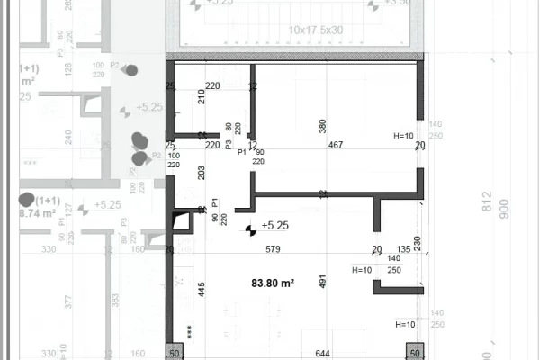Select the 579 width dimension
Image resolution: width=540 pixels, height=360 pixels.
273,249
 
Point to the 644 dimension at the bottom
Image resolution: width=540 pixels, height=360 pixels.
322,354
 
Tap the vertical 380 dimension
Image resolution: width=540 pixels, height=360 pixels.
323,127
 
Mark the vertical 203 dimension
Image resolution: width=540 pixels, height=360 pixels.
202,173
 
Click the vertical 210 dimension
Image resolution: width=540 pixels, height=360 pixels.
202,96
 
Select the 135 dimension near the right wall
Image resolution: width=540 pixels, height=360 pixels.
403,249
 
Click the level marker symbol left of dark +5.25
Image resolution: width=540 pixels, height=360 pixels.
248,229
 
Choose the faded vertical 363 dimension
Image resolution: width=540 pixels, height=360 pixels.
114,301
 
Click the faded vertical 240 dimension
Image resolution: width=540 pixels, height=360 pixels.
68,137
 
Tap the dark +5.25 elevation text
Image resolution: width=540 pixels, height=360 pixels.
274,226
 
